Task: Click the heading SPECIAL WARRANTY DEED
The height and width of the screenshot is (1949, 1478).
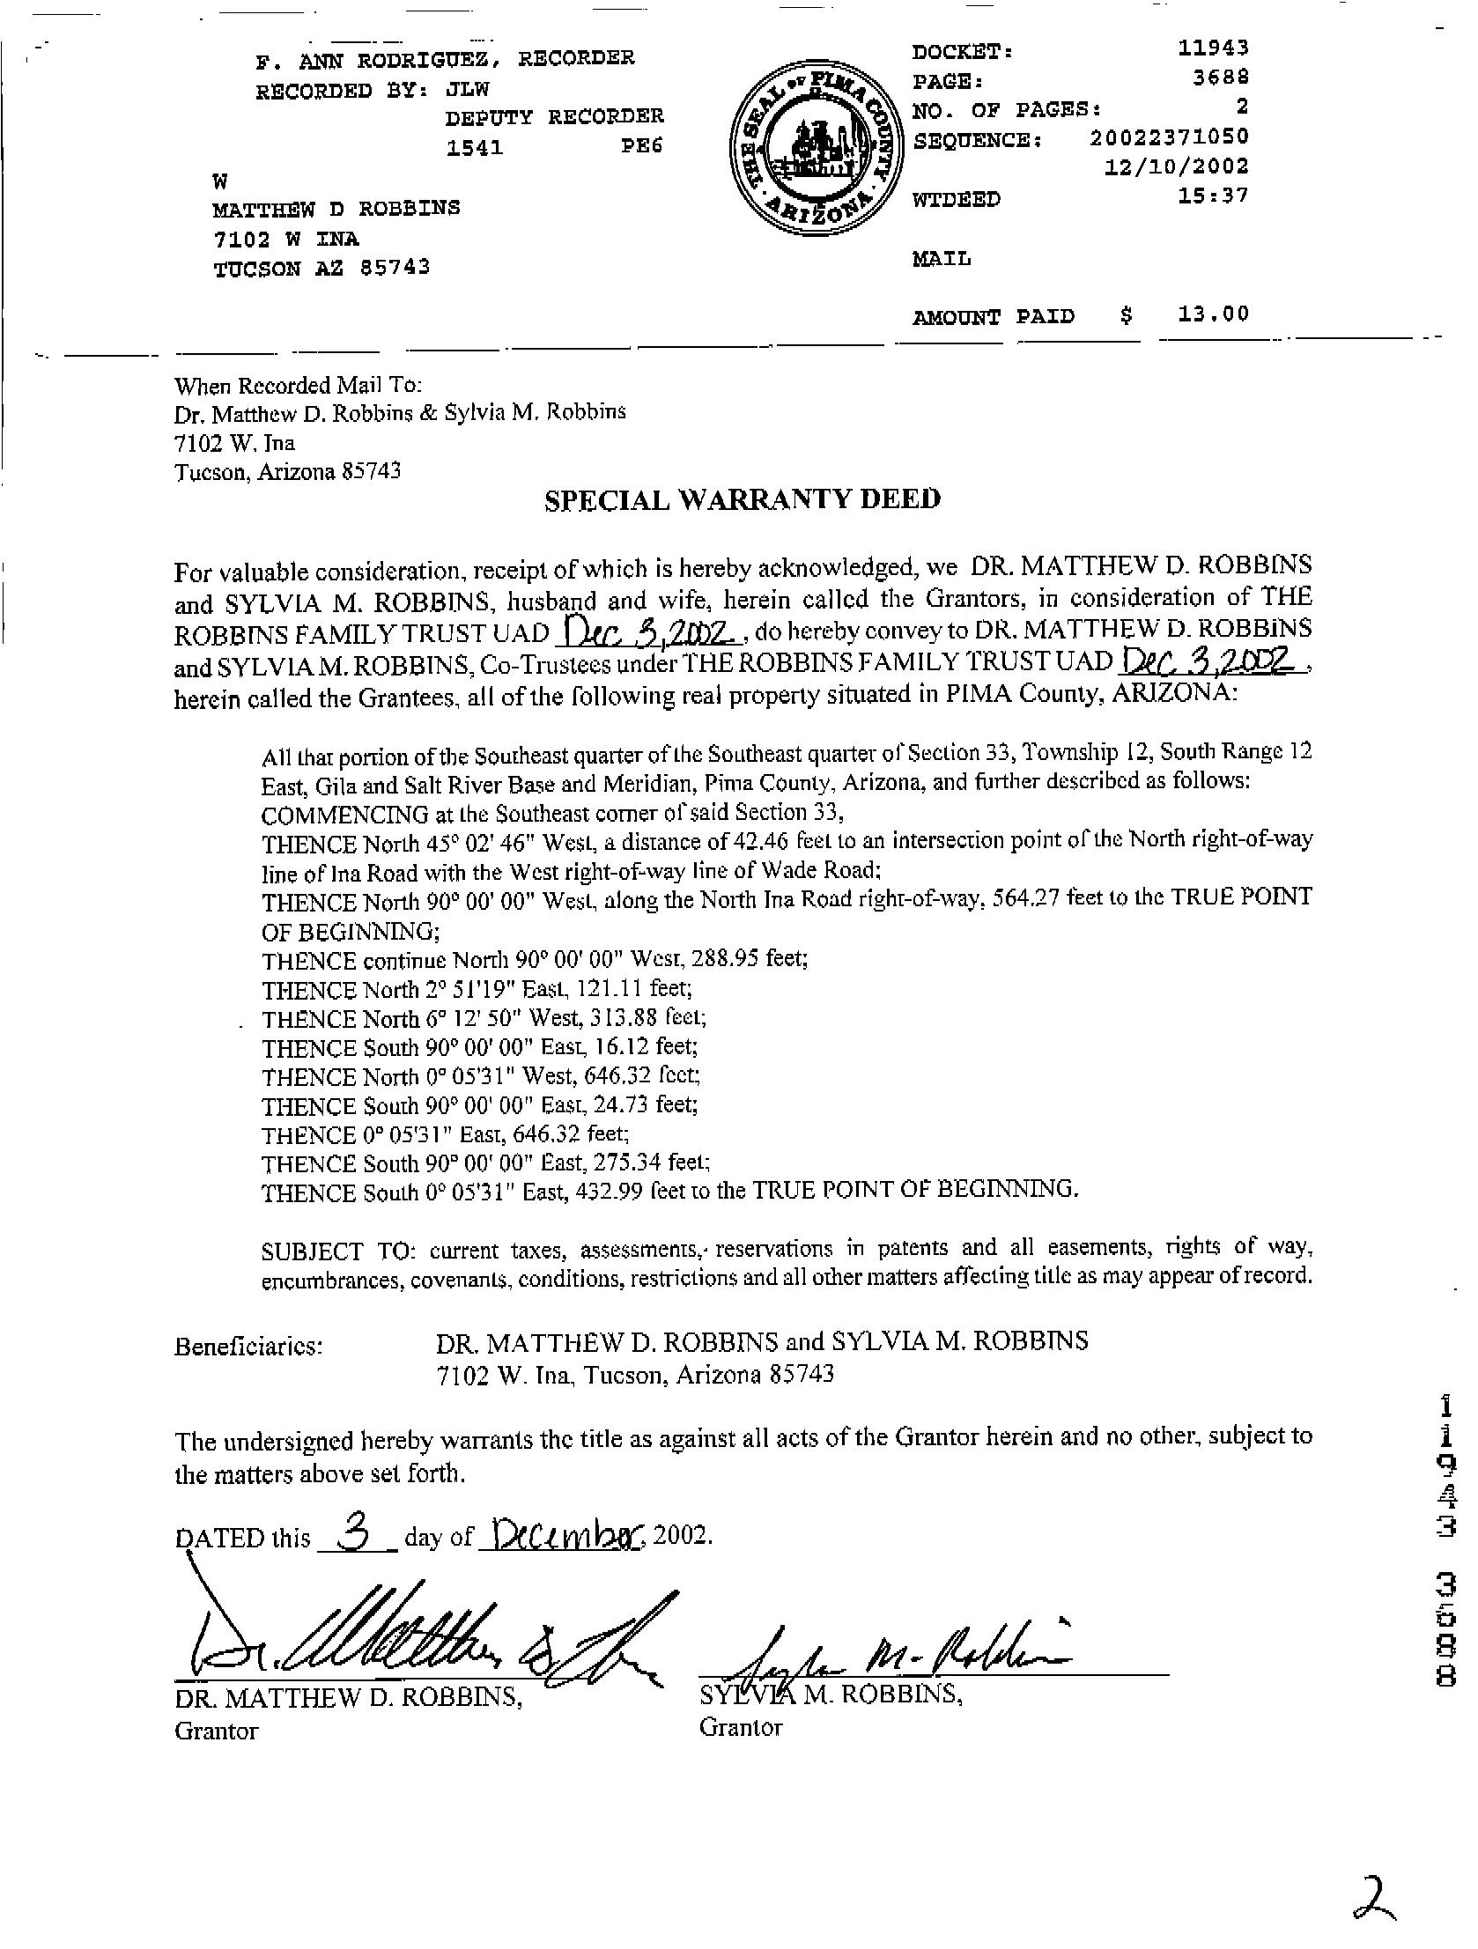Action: pos(743,499)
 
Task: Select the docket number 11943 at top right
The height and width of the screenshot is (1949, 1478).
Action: pos(1214,48)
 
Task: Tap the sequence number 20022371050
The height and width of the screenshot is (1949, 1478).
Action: pos(1169,137)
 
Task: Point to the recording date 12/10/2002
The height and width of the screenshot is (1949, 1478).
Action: pos(1177,166)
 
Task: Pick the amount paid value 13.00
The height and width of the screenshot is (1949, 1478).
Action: pos(1213,314)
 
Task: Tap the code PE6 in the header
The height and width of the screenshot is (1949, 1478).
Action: pos(640,146)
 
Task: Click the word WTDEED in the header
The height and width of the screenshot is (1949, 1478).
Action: pos(957,200)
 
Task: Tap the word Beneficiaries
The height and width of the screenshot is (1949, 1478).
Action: pos(248,1347)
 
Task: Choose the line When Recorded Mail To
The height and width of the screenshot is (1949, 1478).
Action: pos(299,386)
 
